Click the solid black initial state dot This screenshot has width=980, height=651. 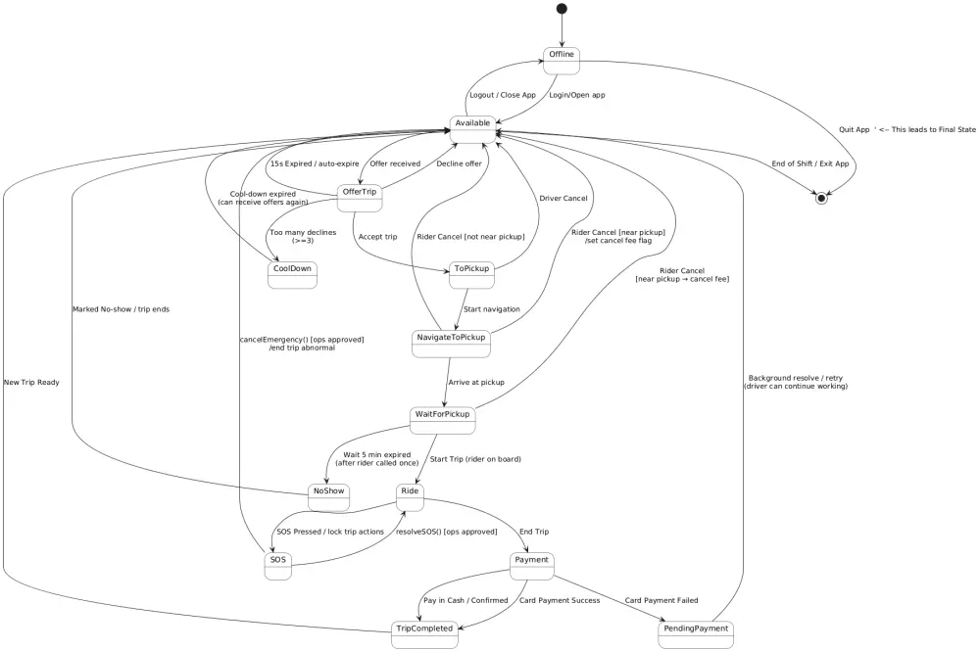point(562,9)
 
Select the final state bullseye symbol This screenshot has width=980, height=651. point(821,199)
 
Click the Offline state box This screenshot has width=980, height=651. point(562,60)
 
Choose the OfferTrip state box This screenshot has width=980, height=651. point(359,197)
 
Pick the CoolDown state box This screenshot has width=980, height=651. point(292,274)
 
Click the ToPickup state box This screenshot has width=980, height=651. point(472,274)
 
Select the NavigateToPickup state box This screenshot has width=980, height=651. point(450,344)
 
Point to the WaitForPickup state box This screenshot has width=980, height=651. point(442,420)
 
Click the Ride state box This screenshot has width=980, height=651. point(411,496)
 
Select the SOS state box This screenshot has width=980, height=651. point(278,566)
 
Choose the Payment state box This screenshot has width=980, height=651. point(532,566)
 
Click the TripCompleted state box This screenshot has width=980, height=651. point(424,634)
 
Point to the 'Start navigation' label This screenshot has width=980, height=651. point(492,309)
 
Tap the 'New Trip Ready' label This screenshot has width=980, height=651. point(31,382)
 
